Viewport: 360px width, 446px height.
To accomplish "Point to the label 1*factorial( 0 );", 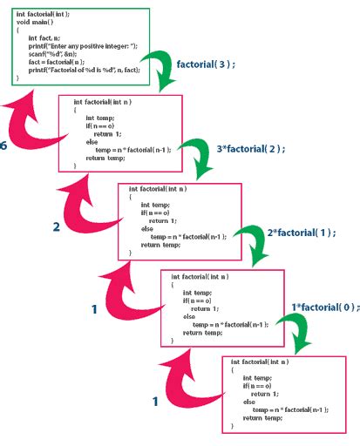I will pos(323,307).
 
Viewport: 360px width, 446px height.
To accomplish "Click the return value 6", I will pos(4,145).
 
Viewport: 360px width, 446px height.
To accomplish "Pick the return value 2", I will pos(56,227).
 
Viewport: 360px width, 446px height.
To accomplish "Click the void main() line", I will pos(33,21).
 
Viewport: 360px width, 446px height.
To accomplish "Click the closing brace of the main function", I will pos(17,78).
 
